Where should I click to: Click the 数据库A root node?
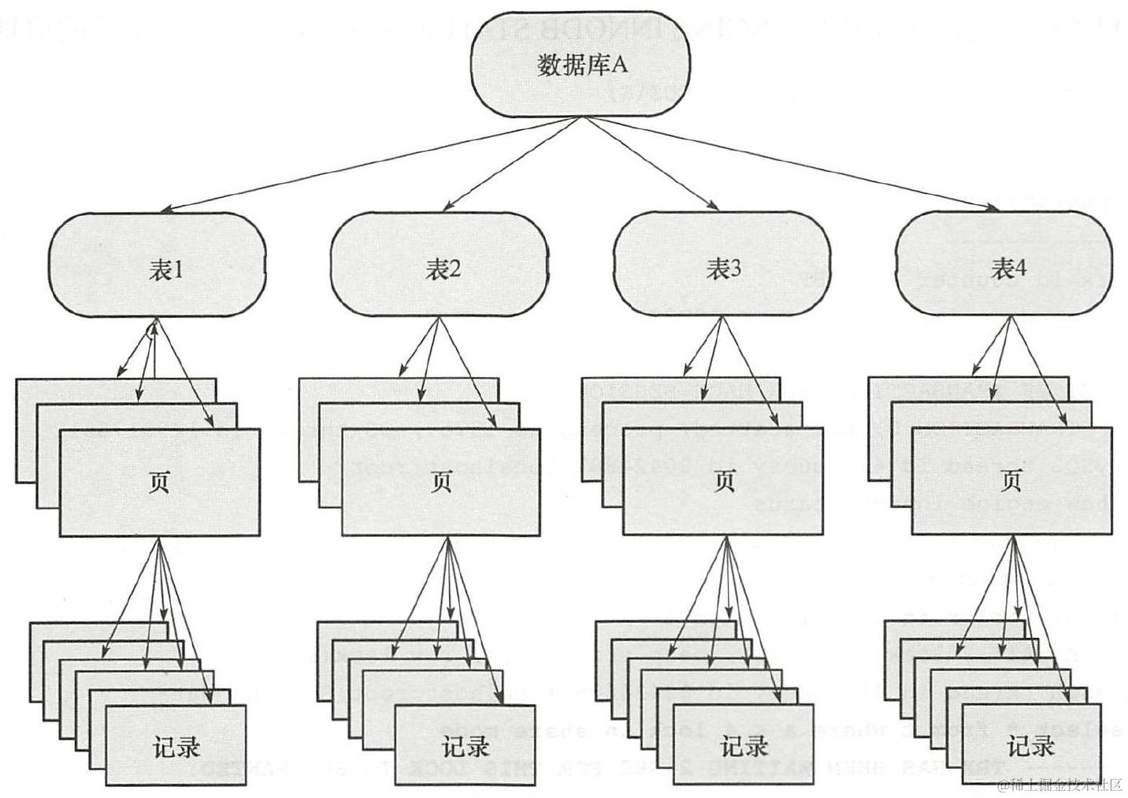point(581,65)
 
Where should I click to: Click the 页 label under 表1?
point(159,482)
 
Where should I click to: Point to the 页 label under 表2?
point(441,482)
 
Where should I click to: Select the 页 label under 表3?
point(724,480)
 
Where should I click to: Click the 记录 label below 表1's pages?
point(176,746)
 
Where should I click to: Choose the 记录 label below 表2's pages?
point(465,746)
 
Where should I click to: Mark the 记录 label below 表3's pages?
point(744,744)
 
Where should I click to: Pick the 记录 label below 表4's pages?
point(1030,744)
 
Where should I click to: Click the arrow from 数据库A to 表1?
point(370,165)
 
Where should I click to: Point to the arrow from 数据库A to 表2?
point(512,165)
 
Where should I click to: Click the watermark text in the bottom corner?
point(1059,784)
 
